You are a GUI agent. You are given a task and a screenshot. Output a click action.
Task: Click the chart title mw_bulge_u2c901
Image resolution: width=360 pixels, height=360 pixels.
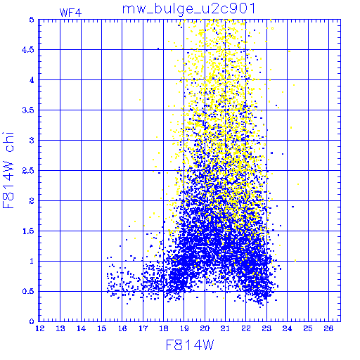tap(188, 9)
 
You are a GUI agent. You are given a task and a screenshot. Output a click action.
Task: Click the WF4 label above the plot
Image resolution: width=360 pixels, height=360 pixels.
tap(70, 13)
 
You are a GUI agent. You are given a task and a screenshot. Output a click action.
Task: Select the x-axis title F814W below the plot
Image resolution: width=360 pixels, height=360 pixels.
tap(190, 345)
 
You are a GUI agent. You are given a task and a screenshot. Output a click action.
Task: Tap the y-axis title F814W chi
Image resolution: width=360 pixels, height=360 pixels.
tap(8, 170)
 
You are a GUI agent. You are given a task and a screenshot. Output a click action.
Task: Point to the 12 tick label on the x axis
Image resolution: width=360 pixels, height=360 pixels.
tap(40, 328)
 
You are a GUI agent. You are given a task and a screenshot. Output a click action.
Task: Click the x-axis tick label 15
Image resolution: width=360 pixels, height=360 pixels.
tap(102, 328)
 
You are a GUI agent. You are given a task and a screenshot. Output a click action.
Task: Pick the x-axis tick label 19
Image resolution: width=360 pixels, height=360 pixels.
tap(184, 328)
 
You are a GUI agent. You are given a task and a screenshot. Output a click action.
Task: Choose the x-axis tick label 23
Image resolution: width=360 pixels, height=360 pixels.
tap(266, 328)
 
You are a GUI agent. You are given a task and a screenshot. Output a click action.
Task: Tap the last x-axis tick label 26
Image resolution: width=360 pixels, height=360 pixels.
tap(328, 328)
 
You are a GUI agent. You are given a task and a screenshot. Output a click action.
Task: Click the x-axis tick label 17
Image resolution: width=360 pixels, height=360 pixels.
tap(143, 328)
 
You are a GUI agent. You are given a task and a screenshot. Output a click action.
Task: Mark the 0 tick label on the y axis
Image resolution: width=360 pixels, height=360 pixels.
tap(32, 321)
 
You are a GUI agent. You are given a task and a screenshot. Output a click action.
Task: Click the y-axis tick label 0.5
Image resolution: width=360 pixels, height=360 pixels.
tap(28, 291)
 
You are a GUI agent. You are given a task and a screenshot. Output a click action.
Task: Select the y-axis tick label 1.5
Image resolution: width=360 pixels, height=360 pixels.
tap(28, 231)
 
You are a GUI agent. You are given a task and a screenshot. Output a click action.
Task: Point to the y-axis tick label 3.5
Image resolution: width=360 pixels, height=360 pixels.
tap(28, 110)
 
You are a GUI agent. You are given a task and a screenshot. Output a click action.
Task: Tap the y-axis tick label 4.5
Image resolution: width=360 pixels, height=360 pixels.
tap(28, 50)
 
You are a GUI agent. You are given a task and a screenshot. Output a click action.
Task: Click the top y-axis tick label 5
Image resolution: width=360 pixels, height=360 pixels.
tap(32, 20)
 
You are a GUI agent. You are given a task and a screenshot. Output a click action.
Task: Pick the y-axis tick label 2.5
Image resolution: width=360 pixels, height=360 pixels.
tap(28, 171)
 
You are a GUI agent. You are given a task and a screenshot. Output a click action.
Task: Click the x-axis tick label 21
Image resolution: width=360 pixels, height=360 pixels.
tap(226, 328)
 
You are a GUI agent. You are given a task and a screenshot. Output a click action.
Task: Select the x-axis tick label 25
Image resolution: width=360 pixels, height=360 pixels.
tap(308, 328)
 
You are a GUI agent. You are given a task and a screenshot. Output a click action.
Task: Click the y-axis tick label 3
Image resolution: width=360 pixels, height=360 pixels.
tap(32, 141)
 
